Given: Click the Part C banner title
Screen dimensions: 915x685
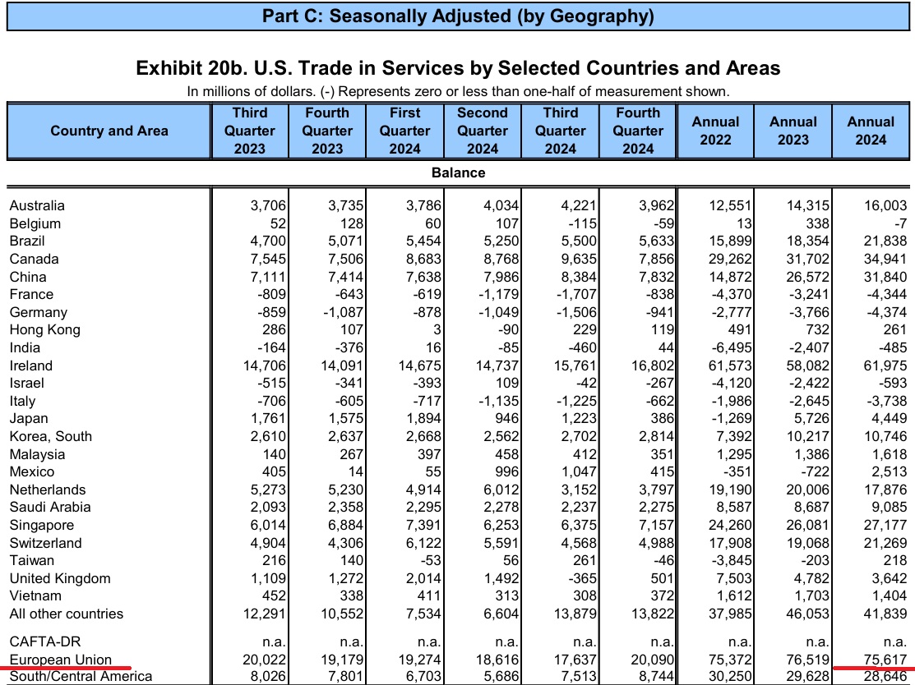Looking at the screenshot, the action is [458, 16].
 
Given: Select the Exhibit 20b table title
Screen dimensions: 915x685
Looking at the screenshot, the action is [458, 68].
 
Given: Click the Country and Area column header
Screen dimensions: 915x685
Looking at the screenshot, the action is [109, 131].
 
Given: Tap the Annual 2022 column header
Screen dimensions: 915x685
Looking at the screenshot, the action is [715, 131].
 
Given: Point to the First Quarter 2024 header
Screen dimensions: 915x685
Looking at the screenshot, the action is [404, 131].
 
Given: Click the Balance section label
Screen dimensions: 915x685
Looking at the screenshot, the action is [458, 172].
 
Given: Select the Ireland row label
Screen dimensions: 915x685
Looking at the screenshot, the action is [31, 365].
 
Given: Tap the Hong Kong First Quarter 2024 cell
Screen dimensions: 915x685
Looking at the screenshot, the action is [437, 330].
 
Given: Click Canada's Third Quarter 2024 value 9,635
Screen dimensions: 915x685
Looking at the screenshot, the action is [576, 259].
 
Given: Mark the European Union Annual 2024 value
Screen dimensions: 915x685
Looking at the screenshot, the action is [885, 660].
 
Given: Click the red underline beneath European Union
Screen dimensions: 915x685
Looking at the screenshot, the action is [70, 667].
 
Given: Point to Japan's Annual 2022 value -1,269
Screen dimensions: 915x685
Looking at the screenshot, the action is [731, 419].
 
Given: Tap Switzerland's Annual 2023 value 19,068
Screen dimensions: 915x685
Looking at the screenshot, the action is [807, 543].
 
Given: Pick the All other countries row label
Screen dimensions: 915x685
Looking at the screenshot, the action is [67, 614].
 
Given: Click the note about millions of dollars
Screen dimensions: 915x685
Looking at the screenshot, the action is [458, 91].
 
